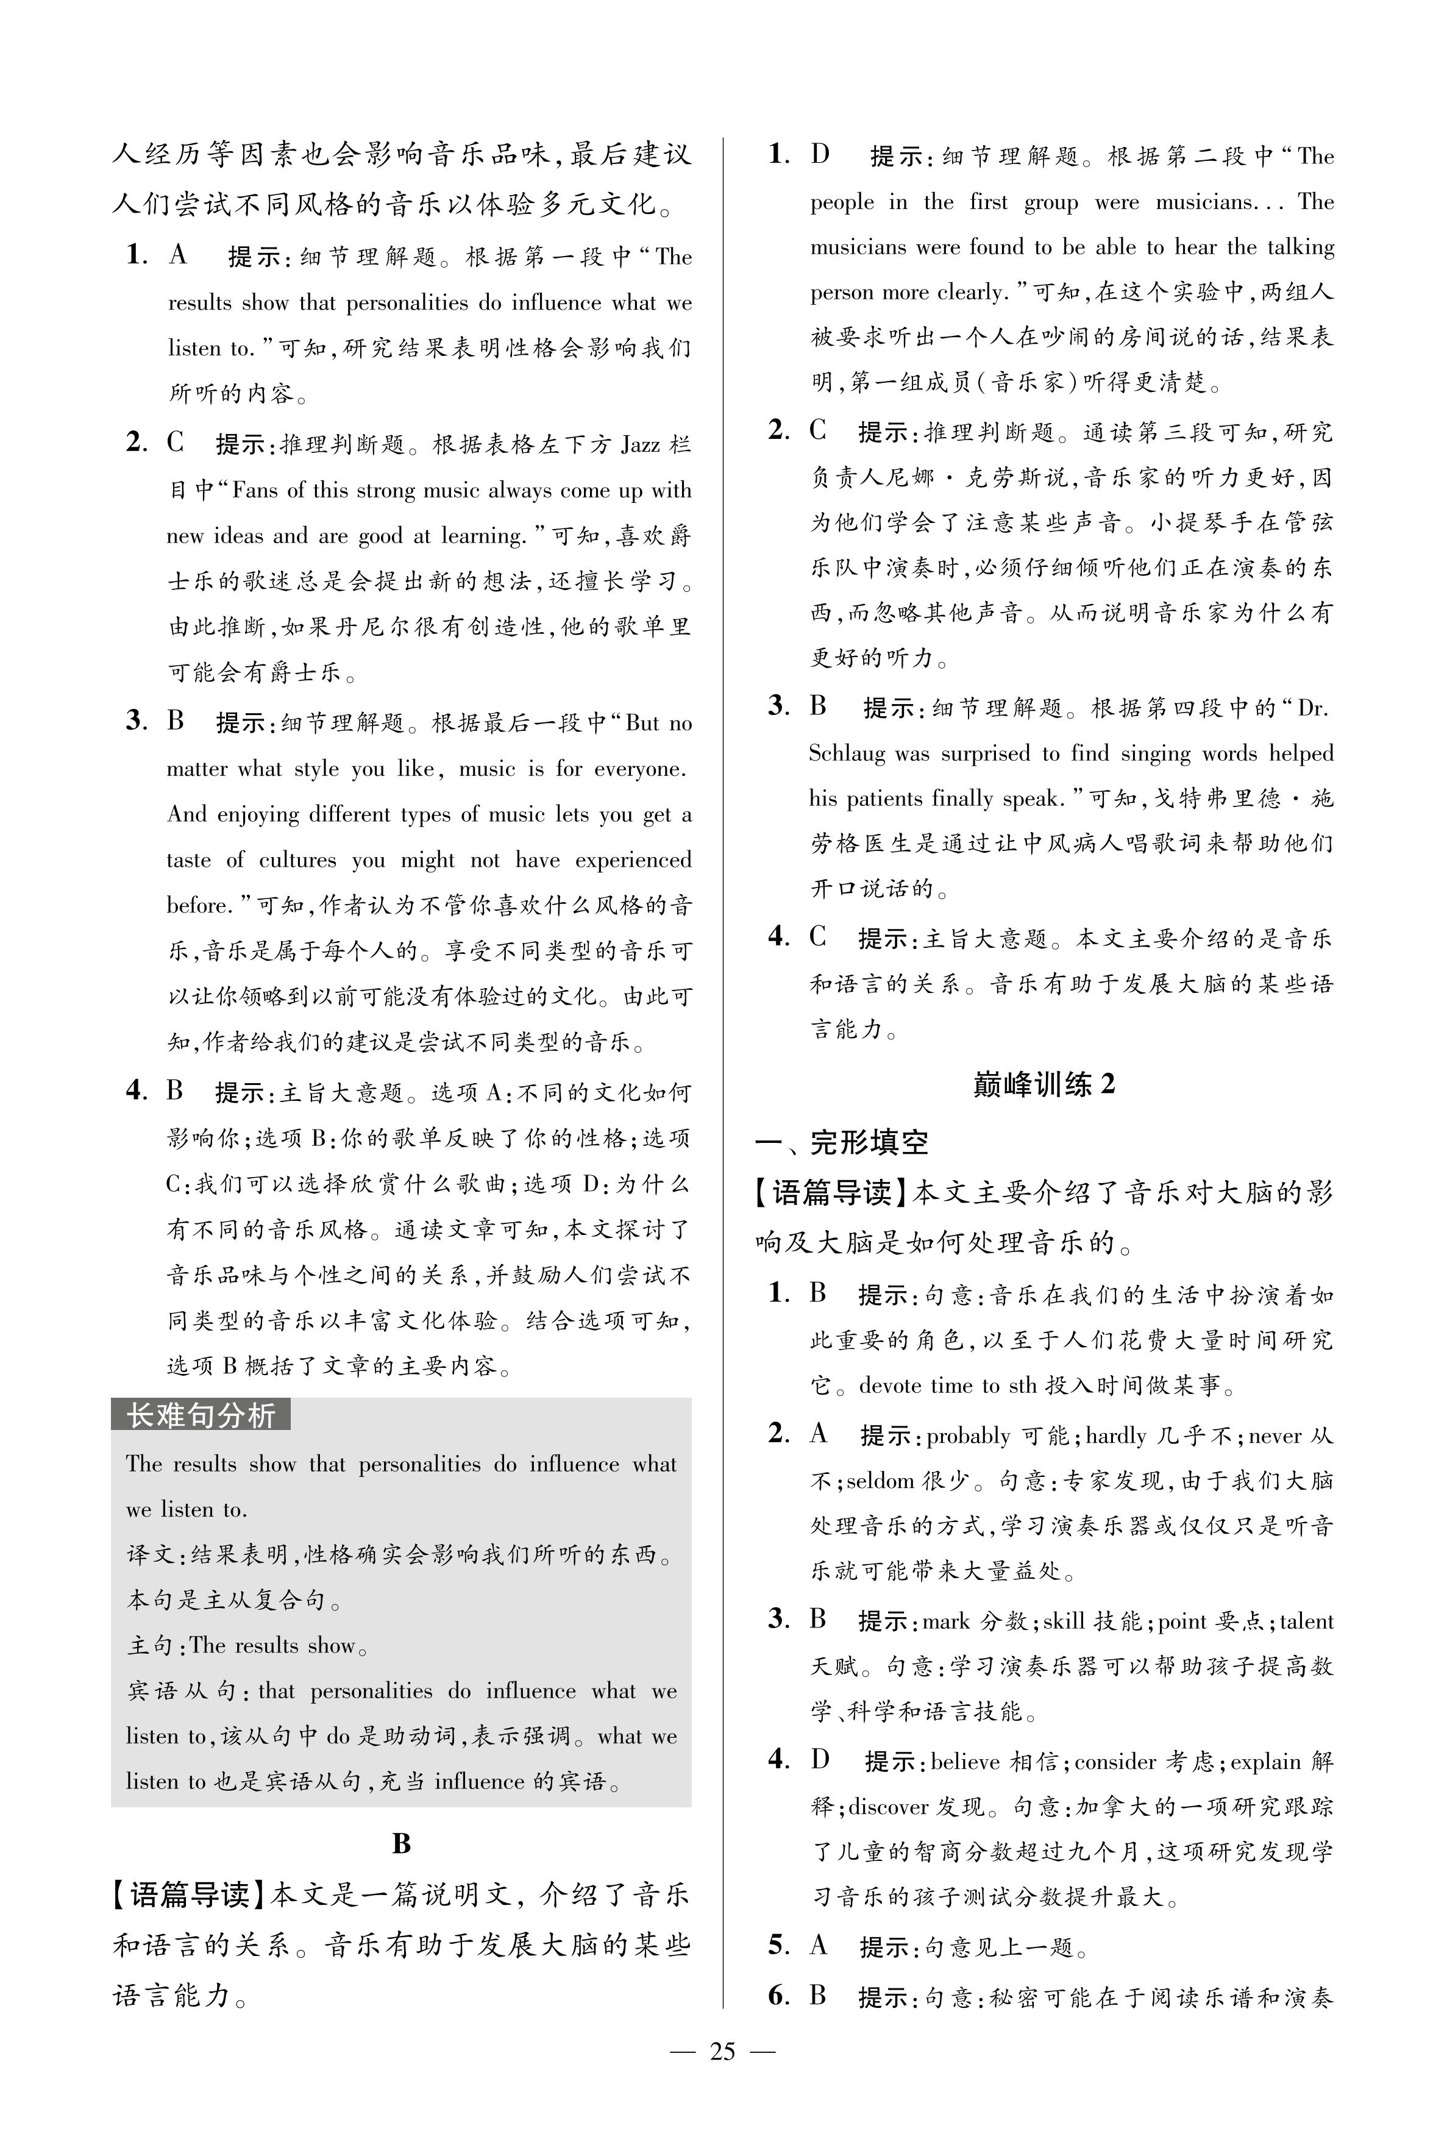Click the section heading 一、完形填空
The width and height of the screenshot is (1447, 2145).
pos(842,1142)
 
